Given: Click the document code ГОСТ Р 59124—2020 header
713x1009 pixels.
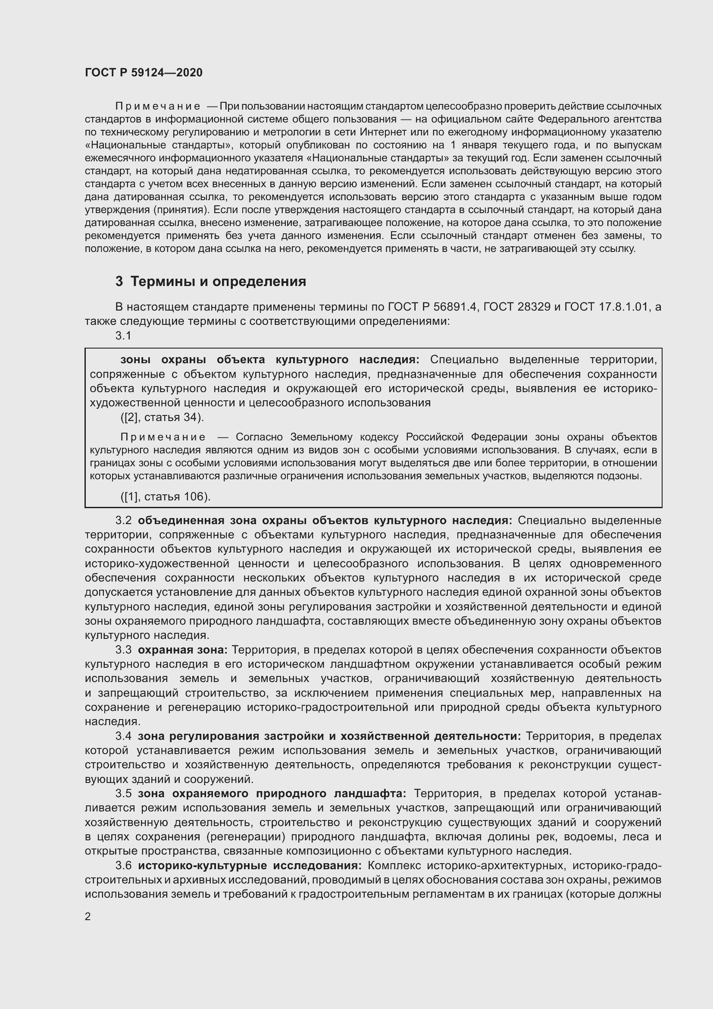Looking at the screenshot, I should pos(144,72).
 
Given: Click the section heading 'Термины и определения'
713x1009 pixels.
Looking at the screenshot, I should pos(218,281).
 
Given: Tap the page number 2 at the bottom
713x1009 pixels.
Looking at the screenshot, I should pos(88,916).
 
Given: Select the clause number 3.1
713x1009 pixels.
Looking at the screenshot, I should pos(123,336).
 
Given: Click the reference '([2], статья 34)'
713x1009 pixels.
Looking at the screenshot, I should pos(162,417).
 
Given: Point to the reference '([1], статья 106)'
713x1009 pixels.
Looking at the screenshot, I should pos(166,497).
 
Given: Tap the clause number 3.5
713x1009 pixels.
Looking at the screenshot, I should pos(123,794).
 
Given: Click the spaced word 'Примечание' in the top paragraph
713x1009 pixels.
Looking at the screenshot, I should pos(158,107).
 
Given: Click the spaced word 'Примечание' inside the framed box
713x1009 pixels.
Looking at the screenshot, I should pos(163,437).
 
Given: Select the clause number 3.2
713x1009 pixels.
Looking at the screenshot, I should pos(123,521).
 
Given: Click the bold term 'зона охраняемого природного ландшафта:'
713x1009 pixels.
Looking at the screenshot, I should pos(272,794).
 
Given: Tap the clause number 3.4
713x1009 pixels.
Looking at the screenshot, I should pos(123,736).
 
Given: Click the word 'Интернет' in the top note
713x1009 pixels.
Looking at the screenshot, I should pos(380,132).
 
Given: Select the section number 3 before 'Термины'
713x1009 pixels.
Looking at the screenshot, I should pos(119,281).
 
